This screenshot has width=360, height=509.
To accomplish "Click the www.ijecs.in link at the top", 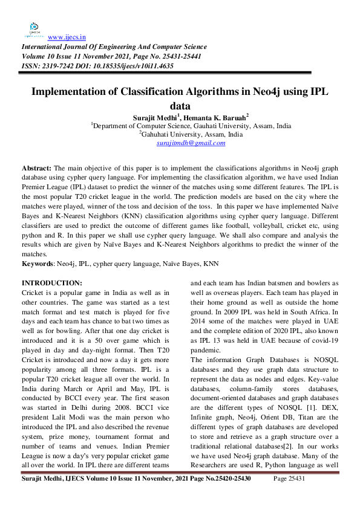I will tap(66, 36).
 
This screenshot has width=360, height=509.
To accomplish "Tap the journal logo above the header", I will tap(34, 30).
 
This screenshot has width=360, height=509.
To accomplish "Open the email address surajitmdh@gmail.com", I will tap(191, 143).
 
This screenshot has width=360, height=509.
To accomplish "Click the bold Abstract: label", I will tap(36, 167).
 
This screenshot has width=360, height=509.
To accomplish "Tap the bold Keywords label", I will tap(38, 264).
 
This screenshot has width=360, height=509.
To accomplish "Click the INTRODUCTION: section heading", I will tap(51, 283).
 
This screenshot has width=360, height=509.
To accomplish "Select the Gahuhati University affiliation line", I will tap(192, 134).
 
